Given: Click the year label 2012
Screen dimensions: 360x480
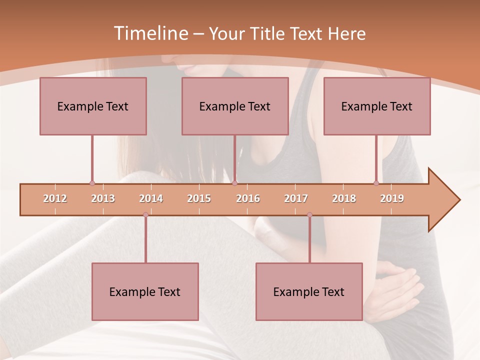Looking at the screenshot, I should coord(55,198).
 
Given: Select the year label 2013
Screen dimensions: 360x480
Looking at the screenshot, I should coord(103,198).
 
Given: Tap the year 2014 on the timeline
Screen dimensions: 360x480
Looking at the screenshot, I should coord(151,198).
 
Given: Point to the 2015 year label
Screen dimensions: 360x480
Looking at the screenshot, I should coord(199,198).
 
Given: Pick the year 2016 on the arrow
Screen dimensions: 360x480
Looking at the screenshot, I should coord(248,198).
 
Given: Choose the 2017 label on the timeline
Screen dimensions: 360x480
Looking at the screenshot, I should coord(296,198).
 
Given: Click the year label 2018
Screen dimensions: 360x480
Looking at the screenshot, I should coord(344,198).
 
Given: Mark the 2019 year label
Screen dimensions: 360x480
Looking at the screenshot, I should coord(392,198).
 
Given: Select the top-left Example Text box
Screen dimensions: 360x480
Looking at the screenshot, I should coord(93,106).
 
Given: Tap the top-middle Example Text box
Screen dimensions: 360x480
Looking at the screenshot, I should coord(235,106).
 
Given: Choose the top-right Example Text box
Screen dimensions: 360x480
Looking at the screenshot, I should coord(377,106).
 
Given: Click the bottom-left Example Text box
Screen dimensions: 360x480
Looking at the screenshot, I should coord(145,291).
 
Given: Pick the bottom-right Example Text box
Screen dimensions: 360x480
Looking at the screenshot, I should coord(309,291).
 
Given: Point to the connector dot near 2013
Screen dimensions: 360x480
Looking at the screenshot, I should coord(92,183).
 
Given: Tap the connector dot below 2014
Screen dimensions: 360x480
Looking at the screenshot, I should coord(145,214).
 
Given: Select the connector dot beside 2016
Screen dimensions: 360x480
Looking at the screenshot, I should coord(234,183).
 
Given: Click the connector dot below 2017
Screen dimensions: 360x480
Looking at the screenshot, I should coord(309,214).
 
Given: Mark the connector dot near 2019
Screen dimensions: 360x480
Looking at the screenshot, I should coord(376,183).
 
